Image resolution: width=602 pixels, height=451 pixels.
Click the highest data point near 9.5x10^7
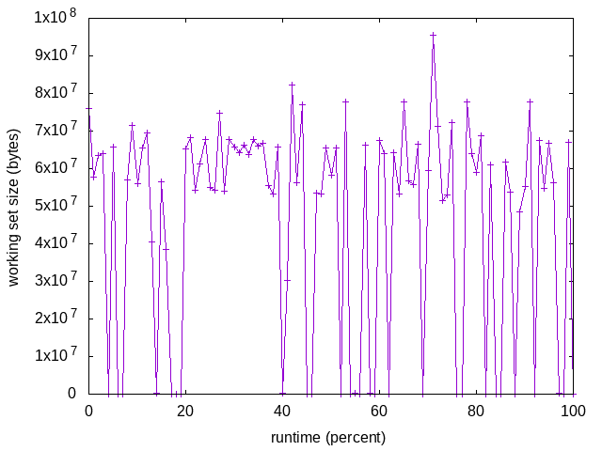pos(434,35)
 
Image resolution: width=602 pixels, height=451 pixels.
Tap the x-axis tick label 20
pos(185,412)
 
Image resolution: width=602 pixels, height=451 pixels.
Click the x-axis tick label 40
pos(282,412)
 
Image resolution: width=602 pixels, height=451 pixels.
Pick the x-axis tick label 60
pos(379,412)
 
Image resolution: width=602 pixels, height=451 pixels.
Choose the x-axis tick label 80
pos(476,412)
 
